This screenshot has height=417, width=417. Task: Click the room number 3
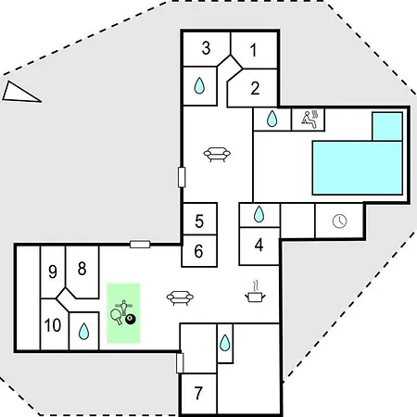[x=206, y=48]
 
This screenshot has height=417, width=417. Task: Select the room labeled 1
[x=253, y=50]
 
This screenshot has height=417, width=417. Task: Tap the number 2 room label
[x=255, y=88]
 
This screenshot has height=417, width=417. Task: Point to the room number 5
[x=199, y=221]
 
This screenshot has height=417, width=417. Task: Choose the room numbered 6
[x=198, y=251]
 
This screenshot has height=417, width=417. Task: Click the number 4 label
[x=259, y=245]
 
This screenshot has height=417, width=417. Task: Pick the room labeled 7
[x=198, y=393]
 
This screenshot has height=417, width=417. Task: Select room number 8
[x=82, y=269]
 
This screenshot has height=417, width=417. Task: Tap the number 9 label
[x=53, y=272]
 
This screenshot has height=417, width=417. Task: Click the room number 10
[x=53, y=325]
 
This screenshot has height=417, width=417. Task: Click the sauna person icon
[x=310, y=120]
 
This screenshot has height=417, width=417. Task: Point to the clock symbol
[x=339, y=221]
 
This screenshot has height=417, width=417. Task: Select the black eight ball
[x=131, y=320]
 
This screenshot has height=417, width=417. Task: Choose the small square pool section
[x=387, y=127]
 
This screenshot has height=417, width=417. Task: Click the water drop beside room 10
[x=83, y=332]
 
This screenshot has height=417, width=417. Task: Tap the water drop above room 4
[x=259, y=214]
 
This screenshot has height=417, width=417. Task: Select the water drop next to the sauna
[x=272, y=119]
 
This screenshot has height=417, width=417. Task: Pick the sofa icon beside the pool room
[x=217, y=154]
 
